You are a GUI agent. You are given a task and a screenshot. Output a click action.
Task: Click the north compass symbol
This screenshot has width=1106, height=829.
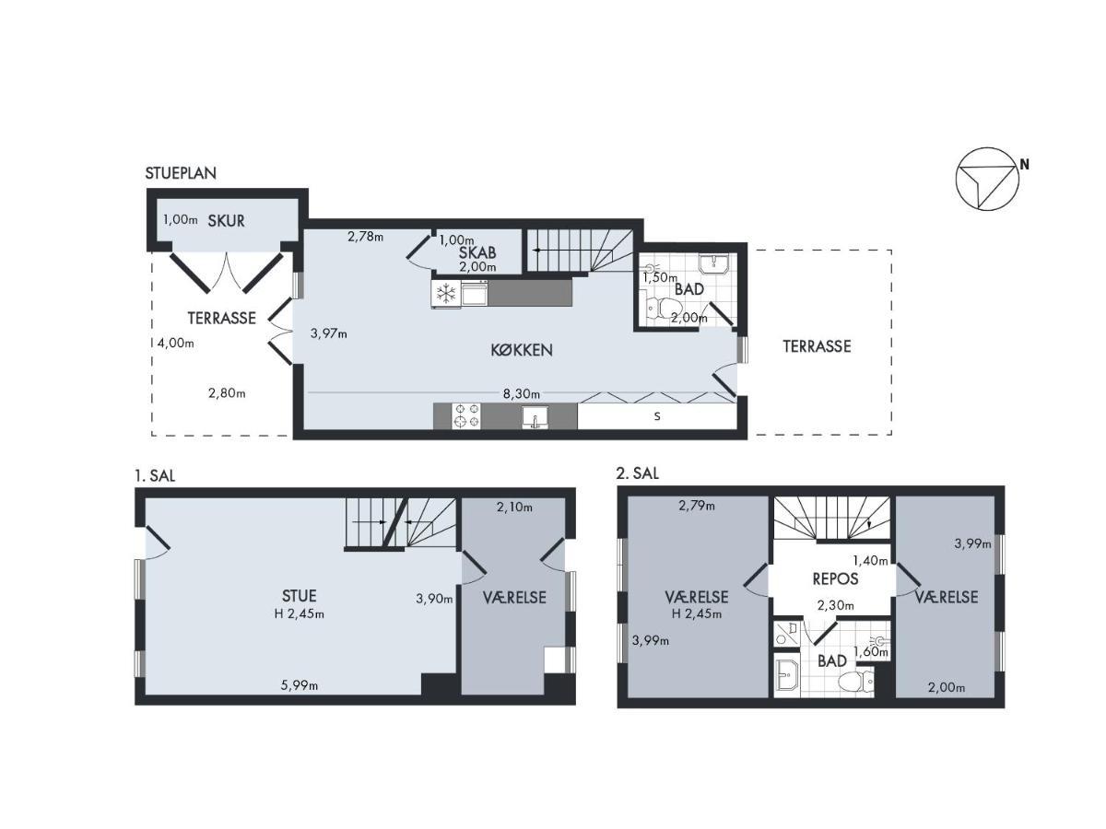pos(986,179)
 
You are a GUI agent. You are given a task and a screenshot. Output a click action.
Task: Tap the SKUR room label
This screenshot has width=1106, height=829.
pos(226,220)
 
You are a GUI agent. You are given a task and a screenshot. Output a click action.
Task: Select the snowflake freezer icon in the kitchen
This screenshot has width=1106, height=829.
pos(446,293)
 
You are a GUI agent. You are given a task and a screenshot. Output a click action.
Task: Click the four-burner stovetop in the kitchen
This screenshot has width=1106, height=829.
pos(466,415)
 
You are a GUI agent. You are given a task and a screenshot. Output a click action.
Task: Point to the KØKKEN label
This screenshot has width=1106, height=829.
pos(522,350)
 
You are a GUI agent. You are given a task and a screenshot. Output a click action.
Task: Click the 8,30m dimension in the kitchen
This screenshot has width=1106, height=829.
pos(522,393)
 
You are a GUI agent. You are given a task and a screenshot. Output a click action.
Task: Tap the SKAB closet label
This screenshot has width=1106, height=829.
pos(477,252)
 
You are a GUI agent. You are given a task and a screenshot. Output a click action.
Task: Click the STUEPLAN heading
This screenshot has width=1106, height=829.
pos(181,173)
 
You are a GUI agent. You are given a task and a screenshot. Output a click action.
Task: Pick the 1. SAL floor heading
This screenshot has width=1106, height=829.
pos(155,475)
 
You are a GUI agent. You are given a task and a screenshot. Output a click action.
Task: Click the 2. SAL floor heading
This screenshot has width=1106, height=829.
pos(638,473)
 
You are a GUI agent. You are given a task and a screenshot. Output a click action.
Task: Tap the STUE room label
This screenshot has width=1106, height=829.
pos(300,596)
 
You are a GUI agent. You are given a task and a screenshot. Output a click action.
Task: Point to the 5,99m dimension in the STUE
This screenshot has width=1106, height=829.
pos(300,685)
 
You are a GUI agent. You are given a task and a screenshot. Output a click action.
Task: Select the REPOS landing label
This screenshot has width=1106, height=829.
pos(835,578)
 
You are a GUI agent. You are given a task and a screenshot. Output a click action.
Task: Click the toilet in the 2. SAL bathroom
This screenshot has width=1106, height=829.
pos(856,683)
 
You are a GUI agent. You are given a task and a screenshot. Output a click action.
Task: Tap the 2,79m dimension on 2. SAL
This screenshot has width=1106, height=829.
pos(697,506)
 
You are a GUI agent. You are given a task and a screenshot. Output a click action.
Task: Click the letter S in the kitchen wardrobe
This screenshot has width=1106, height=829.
pos(657,416)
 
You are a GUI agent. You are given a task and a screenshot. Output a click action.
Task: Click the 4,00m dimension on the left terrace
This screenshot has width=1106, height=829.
pos(176,344)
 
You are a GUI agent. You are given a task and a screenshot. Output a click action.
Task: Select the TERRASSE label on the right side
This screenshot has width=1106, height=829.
pos(817,346)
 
